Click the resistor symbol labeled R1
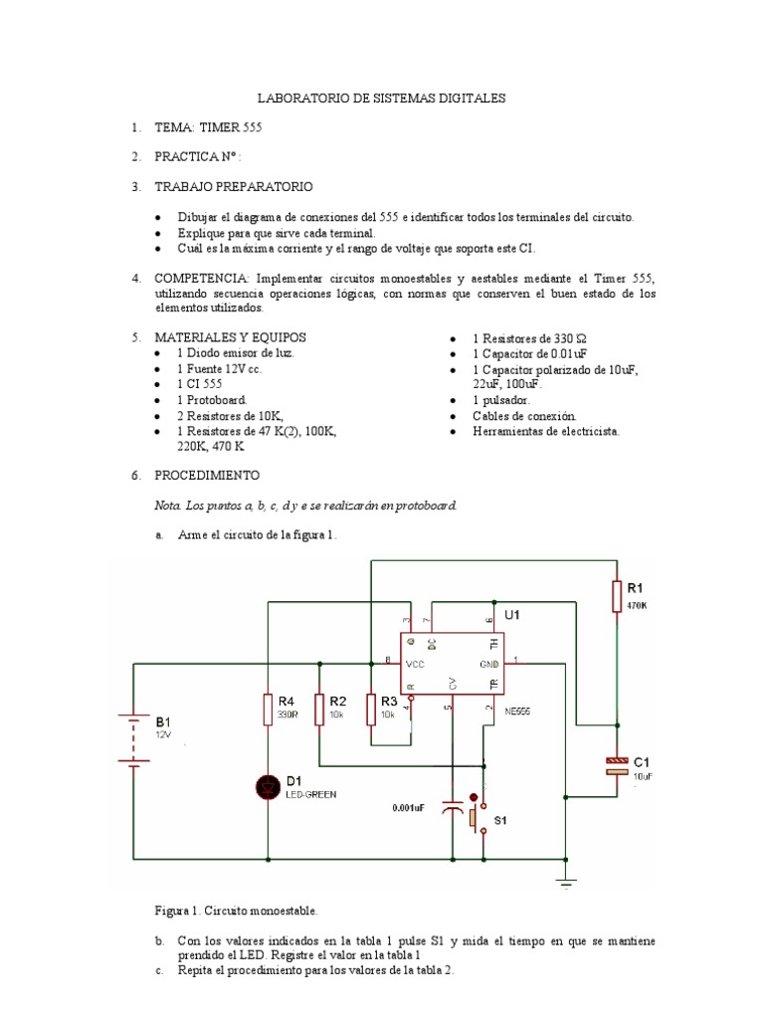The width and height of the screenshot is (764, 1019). pyautogui.click(x=617, y=595)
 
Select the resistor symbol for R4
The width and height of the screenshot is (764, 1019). pyautogui.click(x=268, y=710)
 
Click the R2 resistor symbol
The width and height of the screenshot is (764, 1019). pyautogui.click(x=319, y=710)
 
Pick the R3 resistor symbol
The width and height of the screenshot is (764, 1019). pyautogui.click(x=370, y=710)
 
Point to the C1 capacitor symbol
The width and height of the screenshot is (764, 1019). pyautogui.click(x=617, y=765)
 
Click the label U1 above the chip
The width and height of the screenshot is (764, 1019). pyautogui.click(x=512, y=615)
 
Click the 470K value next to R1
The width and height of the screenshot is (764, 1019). pyautogui.click(x=637, y=604)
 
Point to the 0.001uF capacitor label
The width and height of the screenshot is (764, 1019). pyautogui.click(x=408, y=808)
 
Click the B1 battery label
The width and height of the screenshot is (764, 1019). pyautogui.click(x=162, y=719)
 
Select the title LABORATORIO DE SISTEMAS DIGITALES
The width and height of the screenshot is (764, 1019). pyautogui.click(x=381, y=99)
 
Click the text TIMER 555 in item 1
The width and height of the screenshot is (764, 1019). pyautogui.click(x=231, y=128)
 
